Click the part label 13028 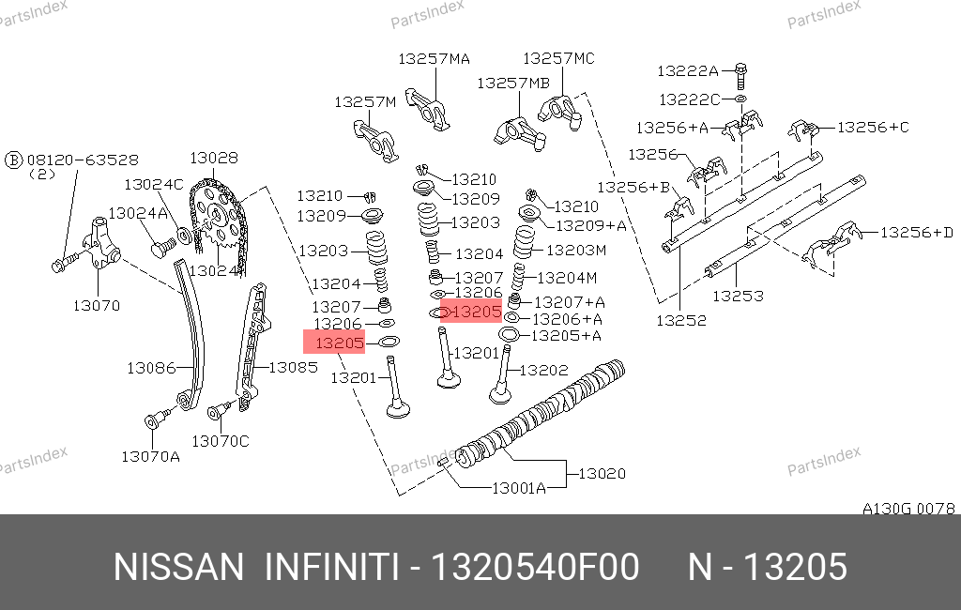[x=214, y=159]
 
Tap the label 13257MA [x=434, y=59]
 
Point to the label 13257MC [x=558, y=58]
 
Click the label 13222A [x=688, y=71]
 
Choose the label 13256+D [x=917, y=233]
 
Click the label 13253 [x=738, y=297]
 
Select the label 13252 [x=681, y=321]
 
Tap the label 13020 [x=602, y=473]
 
